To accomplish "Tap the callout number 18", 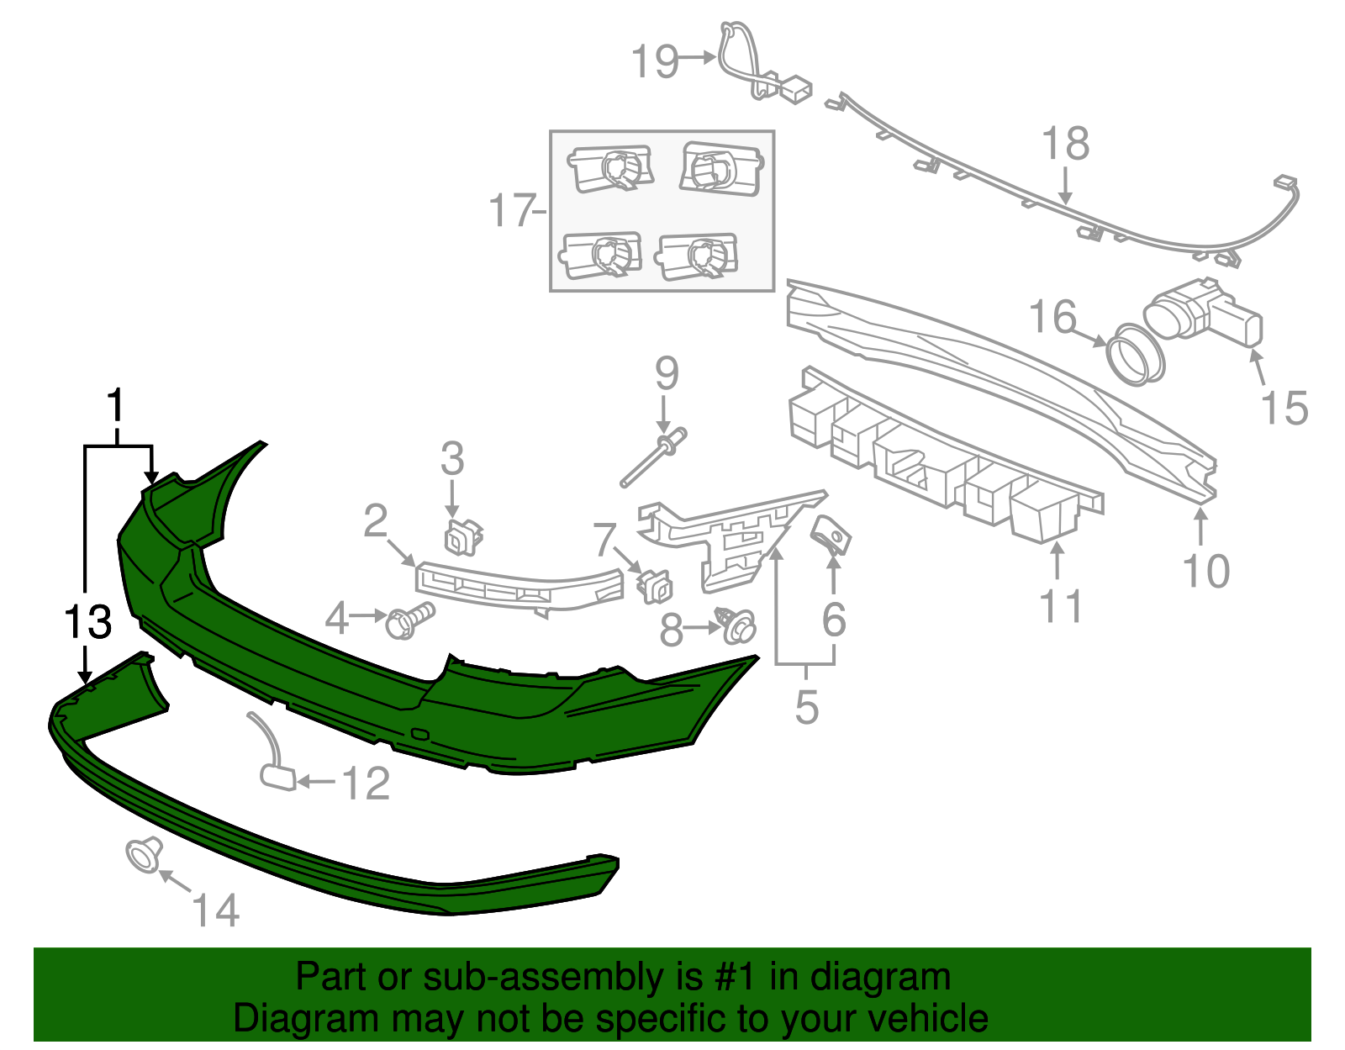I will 1065,144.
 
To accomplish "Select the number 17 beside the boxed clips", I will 511,210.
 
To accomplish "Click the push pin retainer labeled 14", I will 144,856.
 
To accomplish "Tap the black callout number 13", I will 87,623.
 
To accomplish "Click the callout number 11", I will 1061,605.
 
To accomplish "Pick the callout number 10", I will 1205,572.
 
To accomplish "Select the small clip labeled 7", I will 655,585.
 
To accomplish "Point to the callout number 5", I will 806,706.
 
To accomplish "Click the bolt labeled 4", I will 409,621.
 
